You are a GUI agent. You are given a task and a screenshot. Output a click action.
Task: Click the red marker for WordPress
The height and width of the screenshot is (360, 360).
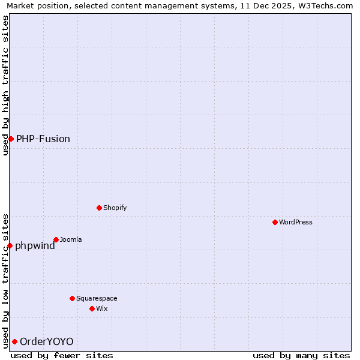pyautogui.click(x=275, y=222)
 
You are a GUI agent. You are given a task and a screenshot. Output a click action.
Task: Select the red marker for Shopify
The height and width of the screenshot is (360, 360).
pyautogui.click(x=99, y=208)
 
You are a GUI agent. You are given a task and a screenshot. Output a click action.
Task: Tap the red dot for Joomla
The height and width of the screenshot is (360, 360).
pyautogui.click(x=56, y=239)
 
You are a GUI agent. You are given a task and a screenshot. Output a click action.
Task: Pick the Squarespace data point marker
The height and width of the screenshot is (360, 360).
pyautogui.click(x=72, y=298)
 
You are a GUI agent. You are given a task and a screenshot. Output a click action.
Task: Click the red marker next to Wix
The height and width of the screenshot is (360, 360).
pyautogui.click(x=92, y=308)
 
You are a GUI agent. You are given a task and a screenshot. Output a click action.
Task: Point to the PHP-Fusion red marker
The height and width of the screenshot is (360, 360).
pyautogui.click(x=11, y=139)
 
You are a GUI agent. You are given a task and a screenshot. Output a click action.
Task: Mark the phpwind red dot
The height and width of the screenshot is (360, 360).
pyautogui.click(x=10, y=245)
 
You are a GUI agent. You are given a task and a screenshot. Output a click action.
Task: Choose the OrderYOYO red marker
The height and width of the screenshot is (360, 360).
pyautogui.click(x=14, y=341)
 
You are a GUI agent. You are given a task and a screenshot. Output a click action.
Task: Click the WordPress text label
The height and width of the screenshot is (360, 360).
pyautogui.click(x=296, y=222)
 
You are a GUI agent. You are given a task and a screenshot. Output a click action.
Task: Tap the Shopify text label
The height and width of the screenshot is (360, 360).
pyautogui.click(x=115, y=208)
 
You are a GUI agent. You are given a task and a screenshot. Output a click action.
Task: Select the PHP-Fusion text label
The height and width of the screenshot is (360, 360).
pyautogui.click(x=43, y=139)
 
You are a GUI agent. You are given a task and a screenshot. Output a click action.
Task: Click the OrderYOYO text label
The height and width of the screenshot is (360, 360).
pyautogui.click(x=47, y=341)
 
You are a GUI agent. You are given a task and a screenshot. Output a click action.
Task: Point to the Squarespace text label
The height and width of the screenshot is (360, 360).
pyautogui.click(x=97, y=298)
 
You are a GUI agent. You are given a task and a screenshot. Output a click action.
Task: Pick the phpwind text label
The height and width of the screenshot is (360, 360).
pyautogui.click(x=35, y=245)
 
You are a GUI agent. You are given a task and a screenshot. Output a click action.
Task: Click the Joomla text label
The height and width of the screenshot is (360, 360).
pyautogui.click(x=71, y=239)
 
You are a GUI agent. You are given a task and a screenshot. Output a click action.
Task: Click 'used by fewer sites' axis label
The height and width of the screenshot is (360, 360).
pyautogui.click(x=62, y=355)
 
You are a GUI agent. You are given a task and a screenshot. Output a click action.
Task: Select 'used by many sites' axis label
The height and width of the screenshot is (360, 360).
pyautogui.click(x=301, y=355)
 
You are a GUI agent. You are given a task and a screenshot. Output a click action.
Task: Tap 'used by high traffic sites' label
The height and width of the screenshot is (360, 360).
pyautogui.click(x=5, y=85)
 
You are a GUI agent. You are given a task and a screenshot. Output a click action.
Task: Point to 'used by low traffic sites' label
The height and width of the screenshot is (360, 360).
pyautogui.click(x=5, y=281)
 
